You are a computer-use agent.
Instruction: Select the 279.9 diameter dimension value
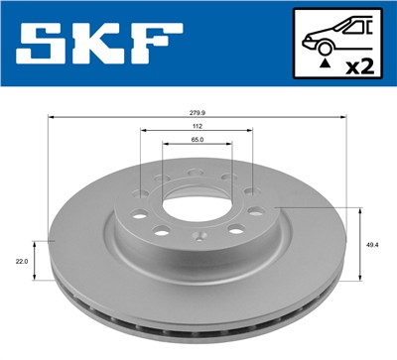tap(198, 112)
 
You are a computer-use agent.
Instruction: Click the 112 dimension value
tap(198, 126)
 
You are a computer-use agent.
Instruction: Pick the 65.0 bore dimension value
tap(198, 141)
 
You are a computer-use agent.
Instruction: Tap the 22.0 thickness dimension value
tap(21, 260)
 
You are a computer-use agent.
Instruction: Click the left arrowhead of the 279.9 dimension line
tap(52, 118)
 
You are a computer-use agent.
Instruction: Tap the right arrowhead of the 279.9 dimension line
tap(344, 118)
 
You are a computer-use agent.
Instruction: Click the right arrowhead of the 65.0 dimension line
tap(229, 147)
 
